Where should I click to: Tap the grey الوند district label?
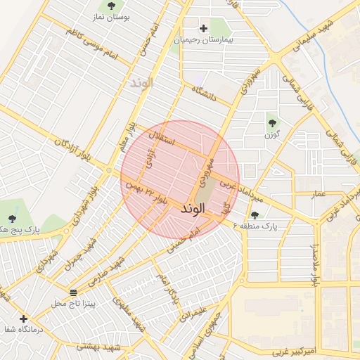[x=141, y=83]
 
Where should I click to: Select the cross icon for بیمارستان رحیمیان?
[x=204, y=29]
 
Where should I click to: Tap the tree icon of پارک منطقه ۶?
[x=254, y=215]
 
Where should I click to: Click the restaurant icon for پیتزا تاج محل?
[x=74, y=292]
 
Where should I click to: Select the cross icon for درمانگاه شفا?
[x=24, y=318]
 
